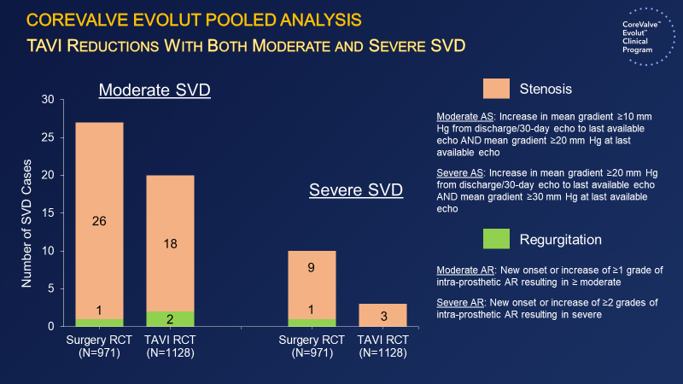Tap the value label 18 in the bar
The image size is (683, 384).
pos(170,243)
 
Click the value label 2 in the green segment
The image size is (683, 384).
pos(170,319)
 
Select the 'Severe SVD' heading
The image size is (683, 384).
pos(355,189)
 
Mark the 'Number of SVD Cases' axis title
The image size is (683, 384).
pos(26,213)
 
